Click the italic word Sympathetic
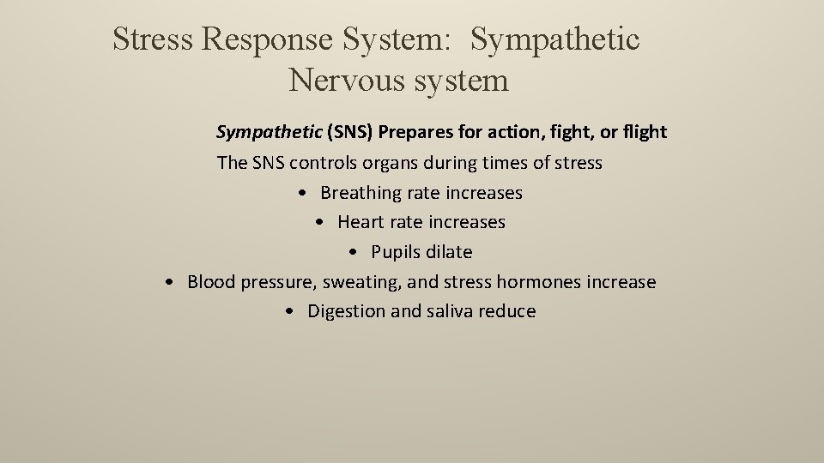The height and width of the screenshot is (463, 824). (269, 132)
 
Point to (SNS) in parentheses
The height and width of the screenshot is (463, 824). (349, 132)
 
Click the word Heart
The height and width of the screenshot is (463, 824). (360, 222)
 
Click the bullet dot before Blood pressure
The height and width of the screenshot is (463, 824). (173, 282)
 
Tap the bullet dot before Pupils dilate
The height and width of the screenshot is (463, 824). (356, 252)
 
